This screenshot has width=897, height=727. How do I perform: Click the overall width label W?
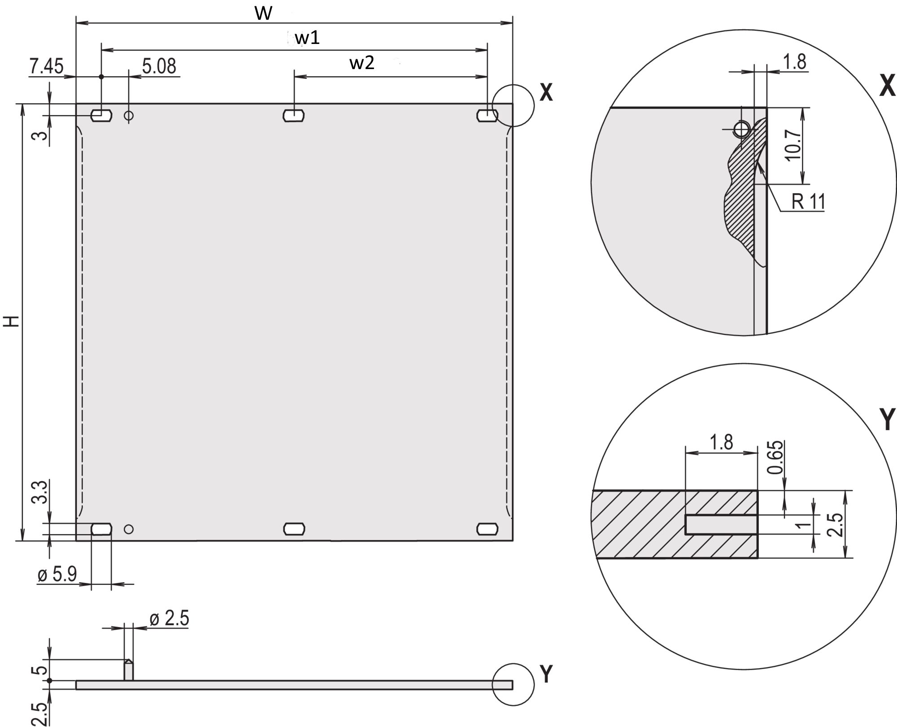pyautogui.click(x=263, y=13)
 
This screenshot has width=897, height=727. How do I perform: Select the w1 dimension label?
pyautogui.click(x=308, y=39)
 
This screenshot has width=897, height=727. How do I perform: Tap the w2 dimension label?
pyautogui.click(x=361, y=63)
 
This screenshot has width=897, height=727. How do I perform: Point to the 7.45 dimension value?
pyautogui.click(x=47, y=66)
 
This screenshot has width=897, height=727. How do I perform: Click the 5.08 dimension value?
pyautogui.click(x=159, y=66)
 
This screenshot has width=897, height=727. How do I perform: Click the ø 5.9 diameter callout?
pyautogui.click(x=57, y=575)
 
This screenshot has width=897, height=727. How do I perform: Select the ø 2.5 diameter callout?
pyautogui.click(x=170, y=619)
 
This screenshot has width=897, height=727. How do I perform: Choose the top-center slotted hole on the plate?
pyautogui.click(x=294, y=116)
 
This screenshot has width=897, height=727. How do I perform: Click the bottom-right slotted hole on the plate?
pyautogui.click(x=487, y=529)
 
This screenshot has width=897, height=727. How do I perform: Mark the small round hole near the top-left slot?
pyautogui.click(x=129, y=116)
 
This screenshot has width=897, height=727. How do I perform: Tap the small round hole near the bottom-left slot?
pyautogui.click(x=129, y=529)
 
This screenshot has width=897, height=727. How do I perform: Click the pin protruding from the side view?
pyautogui.click(x=128, y=670)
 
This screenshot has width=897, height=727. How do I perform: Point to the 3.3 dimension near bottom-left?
pyautogui.click(x=41, y=492)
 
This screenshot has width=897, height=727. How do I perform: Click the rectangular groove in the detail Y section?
pyautogui.click(x=721, y=525)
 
